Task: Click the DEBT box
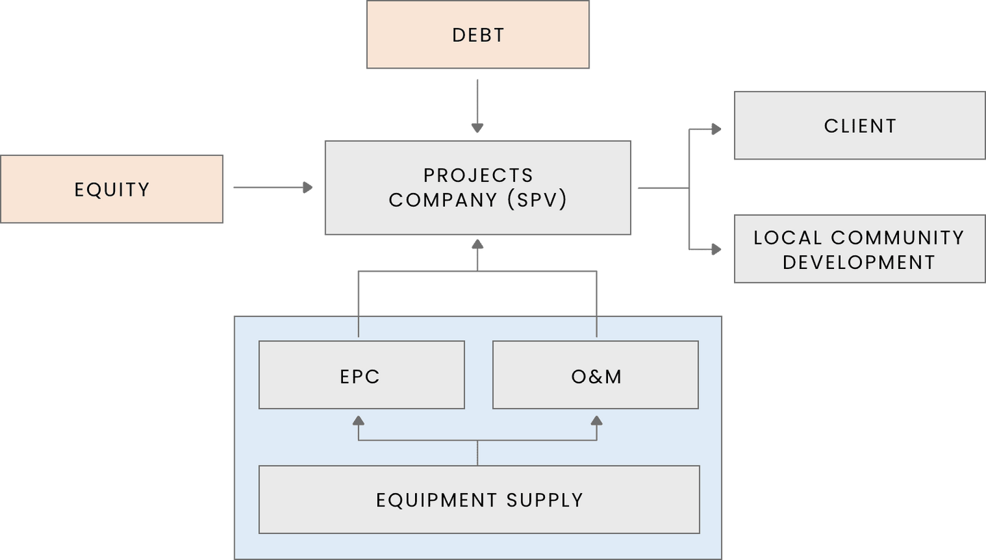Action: point(478,35)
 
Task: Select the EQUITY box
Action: point(112,189)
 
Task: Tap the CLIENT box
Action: point(859,126)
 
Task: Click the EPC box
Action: point(361,375)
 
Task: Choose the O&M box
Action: point(596,375)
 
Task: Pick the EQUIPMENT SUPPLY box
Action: point(479,500)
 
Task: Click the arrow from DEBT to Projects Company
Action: point(477,106)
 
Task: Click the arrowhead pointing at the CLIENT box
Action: point(716,129)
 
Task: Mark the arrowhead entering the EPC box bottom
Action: point(358,420)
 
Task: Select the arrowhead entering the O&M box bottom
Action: point(596,420)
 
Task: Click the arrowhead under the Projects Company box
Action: point(477,244)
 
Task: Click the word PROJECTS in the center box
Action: point(478,175)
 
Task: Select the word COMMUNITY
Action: point(898,238)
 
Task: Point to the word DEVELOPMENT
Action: point(859,262)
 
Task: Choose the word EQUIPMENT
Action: point(437,500)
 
